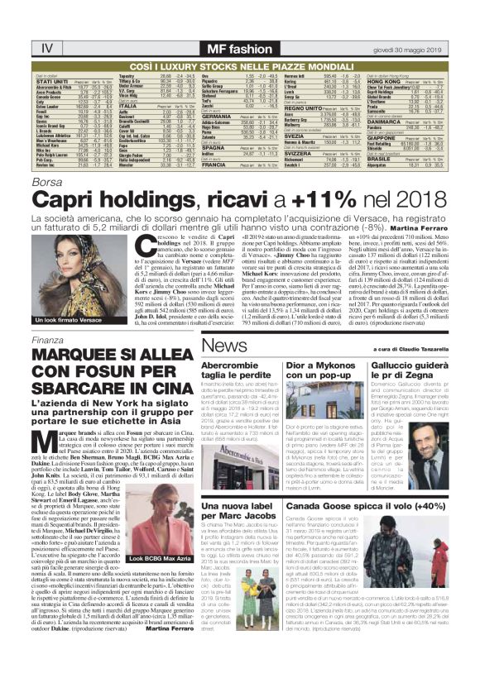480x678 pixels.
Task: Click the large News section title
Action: coord(228,322)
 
